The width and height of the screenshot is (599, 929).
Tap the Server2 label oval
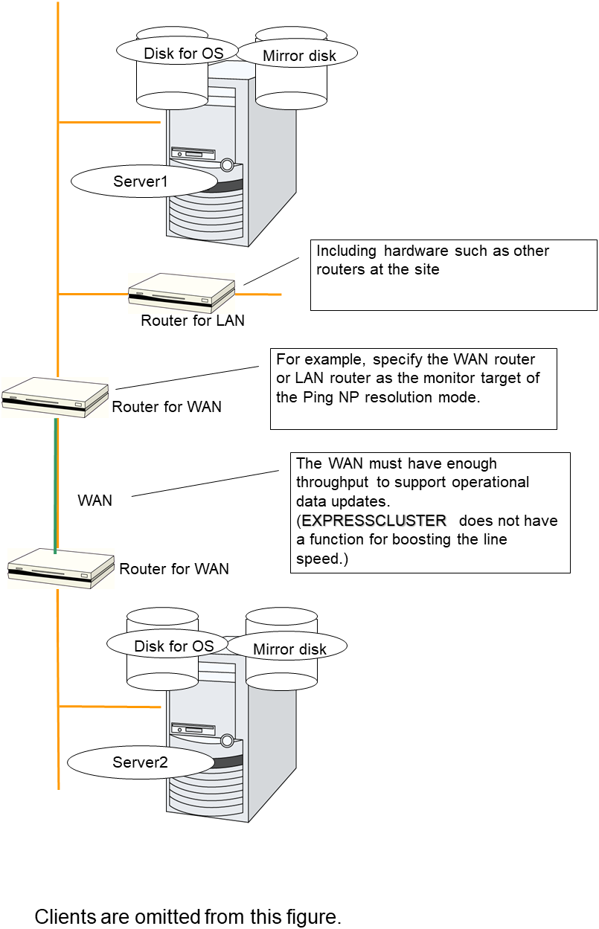tap(140, 762)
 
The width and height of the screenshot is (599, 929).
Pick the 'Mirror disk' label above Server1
tap(299, 56)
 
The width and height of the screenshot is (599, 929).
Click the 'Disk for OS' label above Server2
tap(173, 646)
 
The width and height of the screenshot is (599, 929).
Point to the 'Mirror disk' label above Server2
tap(289, 649)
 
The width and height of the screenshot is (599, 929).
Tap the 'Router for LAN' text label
tap(193, 321)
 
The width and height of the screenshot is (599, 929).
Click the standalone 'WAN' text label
tap(95, 501)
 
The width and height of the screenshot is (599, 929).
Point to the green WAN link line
tap(55, 483)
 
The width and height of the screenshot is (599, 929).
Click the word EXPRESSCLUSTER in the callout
tap(374, 521)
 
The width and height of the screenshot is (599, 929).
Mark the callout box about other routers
tap(453, 274)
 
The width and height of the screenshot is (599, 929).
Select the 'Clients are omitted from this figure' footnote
tap(188, 916)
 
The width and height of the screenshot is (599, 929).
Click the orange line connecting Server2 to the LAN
tap(110, 706)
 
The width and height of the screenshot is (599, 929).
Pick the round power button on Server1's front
tap(227, 165)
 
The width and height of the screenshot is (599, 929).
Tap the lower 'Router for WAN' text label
tap(174, 569)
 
